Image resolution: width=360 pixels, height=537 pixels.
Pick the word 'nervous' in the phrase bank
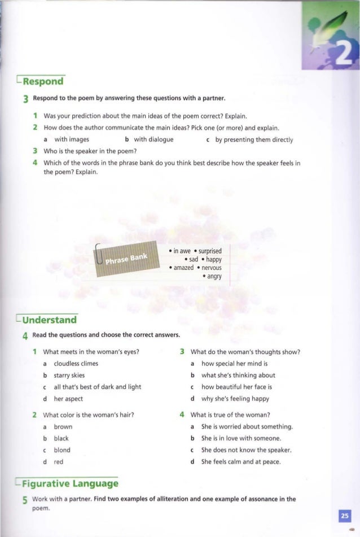(210, 268)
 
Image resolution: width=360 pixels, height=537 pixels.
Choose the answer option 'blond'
(62, 450)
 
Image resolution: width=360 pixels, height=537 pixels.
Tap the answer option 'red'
(58, 461)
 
